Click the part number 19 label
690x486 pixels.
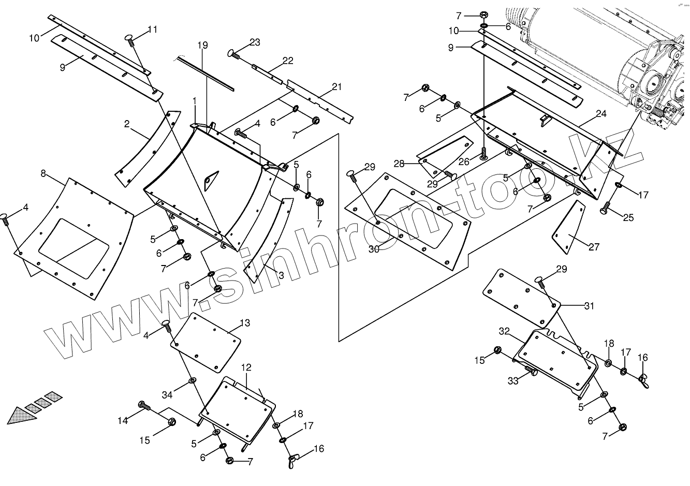coord(202,46)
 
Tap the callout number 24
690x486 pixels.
coord(600,114)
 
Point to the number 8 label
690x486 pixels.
coord(43,173)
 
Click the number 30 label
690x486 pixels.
coord(374,249)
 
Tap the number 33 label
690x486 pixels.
coord(512,381)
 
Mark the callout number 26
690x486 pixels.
coord(464,162)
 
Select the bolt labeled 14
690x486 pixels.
coord(143,406)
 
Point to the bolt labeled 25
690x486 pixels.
coord(605,211)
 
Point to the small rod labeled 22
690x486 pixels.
coord(267,72)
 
